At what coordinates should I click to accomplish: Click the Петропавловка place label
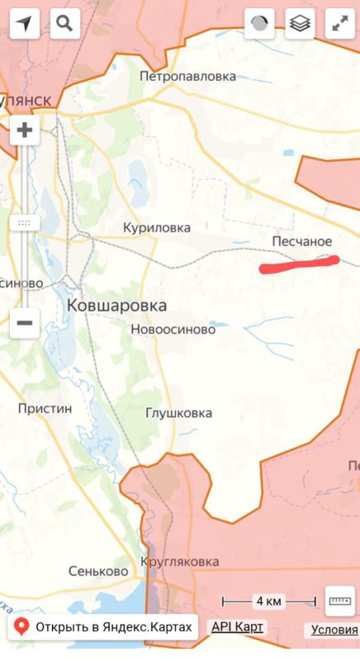187,77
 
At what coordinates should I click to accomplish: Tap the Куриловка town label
156,227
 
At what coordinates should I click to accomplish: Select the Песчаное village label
301,241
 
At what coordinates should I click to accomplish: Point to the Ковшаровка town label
116,306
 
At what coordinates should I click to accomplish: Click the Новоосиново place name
173,329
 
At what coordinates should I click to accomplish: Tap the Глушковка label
178,412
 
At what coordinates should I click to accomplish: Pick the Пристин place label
45,408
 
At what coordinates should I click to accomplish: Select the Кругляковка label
180,562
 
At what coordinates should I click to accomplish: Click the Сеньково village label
98,571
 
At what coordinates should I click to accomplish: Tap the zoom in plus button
25,130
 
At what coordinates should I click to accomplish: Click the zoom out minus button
25,322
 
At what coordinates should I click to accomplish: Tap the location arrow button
26,24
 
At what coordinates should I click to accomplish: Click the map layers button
301,24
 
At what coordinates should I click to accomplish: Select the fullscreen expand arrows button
340,24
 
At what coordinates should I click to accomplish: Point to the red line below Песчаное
299,264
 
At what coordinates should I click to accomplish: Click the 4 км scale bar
270,601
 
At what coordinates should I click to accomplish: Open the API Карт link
238,627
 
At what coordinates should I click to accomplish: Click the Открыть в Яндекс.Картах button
104,627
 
